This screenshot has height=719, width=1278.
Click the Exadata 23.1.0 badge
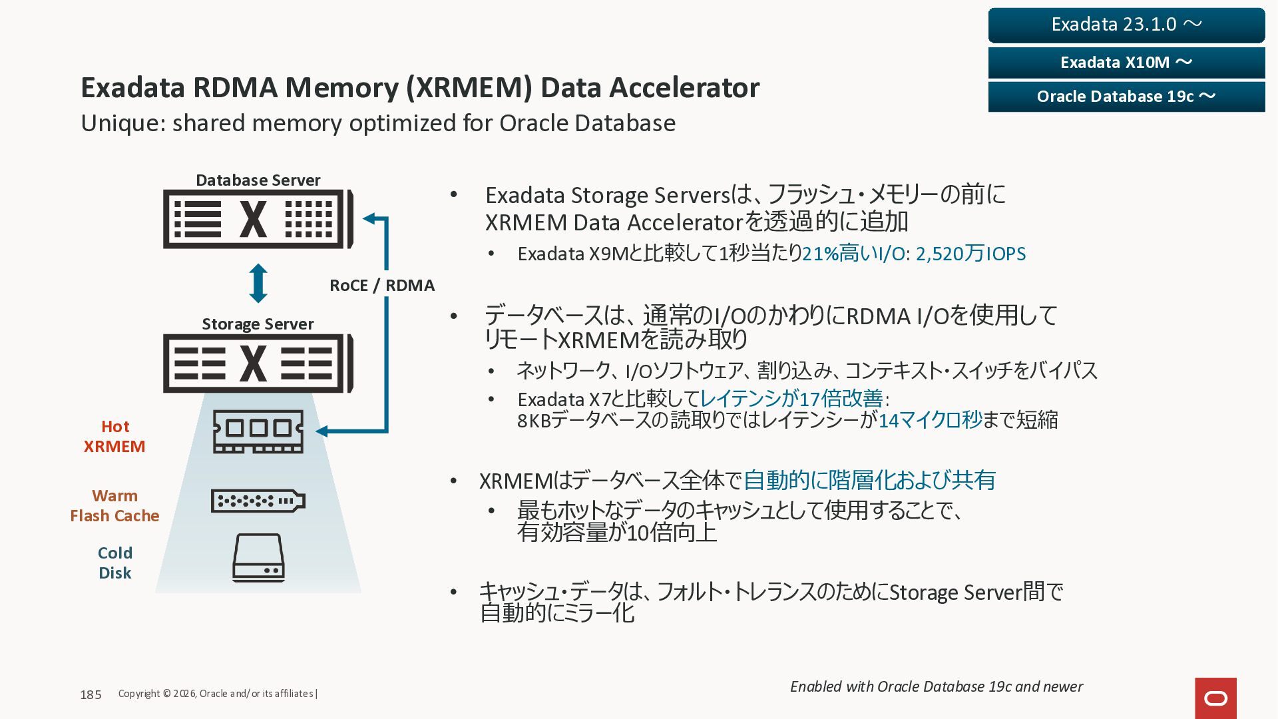tap(1126, 25)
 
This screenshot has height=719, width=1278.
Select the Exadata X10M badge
tap(1126, 63)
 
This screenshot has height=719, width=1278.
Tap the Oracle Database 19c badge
tap(1126, 97)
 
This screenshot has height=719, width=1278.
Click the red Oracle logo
tap(1215, 698)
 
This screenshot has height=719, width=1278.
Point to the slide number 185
tap(91, 694)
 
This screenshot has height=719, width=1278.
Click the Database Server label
tap(258, 180)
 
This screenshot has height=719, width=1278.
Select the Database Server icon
tap(258, 219)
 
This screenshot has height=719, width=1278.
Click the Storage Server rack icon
tap(258, 363)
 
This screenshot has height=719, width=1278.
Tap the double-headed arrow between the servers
tap(258, 284)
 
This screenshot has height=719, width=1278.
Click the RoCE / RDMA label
tap(381, 286)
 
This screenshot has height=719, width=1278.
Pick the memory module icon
tap(258, 431)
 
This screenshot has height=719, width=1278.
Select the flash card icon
tap(258, 501)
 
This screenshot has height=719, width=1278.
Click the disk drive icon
tap(258, 558)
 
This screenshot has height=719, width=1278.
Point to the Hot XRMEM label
tap(114, 437)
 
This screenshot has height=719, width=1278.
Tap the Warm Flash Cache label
tap(114, 506)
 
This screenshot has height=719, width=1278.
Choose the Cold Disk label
tap(114, 563)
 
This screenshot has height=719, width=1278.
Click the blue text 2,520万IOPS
tap(970, 254)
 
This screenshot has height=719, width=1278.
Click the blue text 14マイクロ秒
tap(930, 420)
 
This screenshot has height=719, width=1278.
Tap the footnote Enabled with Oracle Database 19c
tap(936, 686)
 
